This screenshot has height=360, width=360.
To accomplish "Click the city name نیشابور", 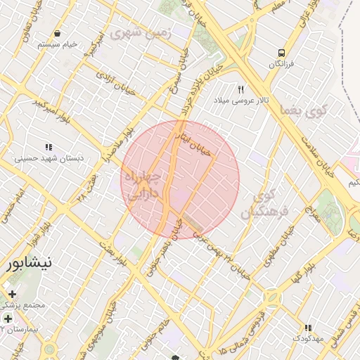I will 29,264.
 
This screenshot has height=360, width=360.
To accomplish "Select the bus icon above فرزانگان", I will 281,53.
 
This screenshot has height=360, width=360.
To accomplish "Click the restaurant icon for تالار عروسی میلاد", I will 240,89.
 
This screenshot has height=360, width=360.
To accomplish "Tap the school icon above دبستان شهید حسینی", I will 49,147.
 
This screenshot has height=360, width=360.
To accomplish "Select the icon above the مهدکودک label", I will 307,328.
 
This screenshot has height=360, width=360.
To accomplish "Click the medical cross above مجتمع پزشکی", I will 12,294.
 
